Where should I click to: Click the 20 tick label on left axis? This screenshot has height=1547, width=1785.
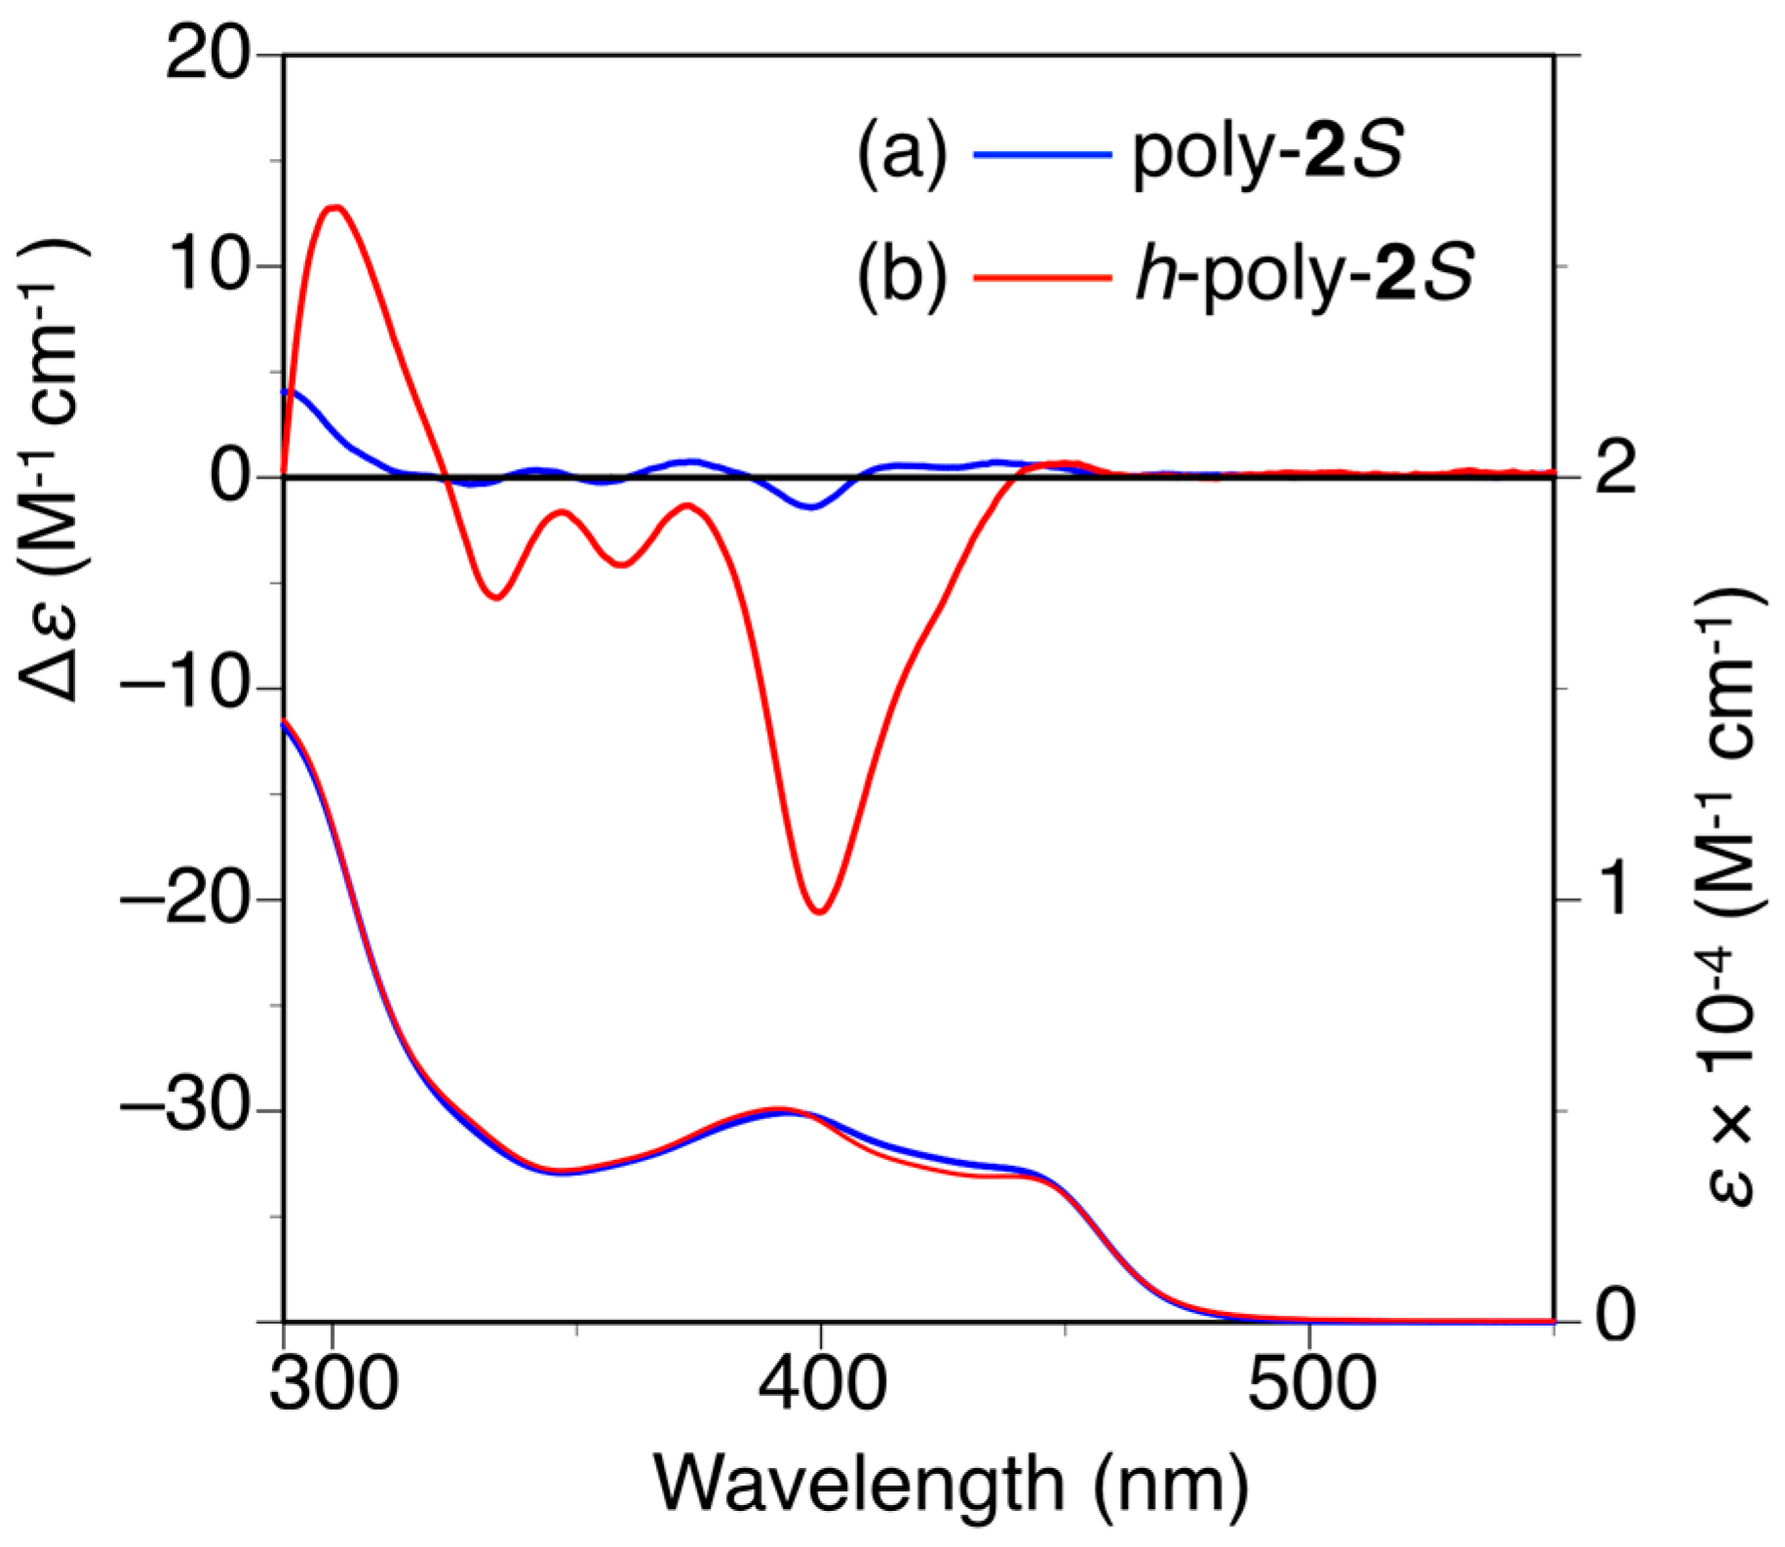pyautogui.click(x=207, y=55)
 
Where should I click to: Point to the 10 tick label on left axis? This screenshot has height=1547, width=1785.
pyautogui.click(x=207, y=265)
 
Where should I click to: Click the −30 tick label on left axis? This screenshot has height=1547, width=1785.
pyautogui.click(x=183, y=1110)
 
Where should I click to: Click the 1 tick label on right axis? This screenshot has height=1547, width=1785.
pyautogui.click(x=1615, y=888)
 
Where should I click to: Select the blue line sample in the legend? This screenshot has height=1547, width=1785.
pyautogui.click(x=1042, y=154)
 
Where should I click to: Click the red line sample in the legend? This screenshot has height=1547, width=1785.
pyautogui.click(x=1042, y=277)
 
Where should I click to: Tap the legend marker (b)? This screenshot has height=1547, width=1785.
pyautogui.click(x=902, y=277)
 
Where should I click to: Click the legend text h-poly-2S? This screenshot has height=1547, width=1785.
pyautogui.click(x=1304, y=275)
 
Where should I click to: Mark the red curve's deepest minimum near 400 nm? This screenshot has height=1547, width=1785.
pyautogui.click(x=820, y=912)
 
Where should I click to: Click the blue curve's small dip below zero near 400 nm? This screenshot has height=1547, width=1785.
pyautogui.click(x=810, y=507)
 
